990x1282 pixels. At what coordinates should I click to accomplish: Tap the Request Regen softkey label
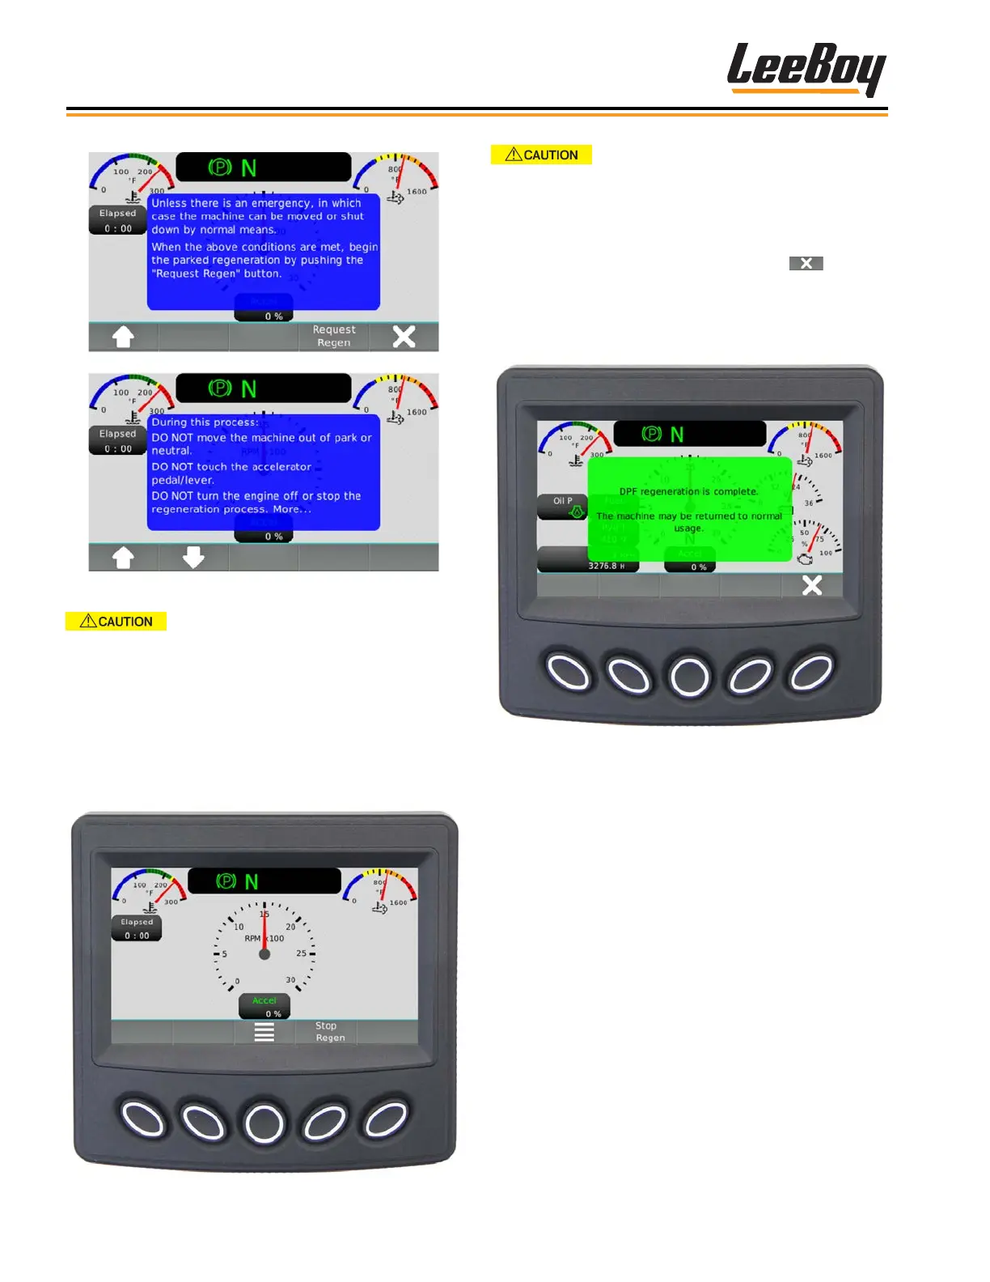point(334,336)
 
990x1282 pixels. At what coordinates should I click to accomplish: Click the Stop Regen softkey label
point(329,1032)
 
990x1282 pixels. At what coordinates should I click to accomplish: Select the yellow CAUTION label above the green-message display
point(541,155)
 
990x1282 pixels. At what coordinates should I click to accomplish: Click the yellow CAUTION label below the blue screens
point(116,622)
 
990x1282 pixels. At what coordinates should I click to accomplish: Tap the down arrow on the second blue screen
point(193,558)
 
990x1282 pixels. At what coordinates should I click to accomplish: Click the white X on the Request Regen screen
point(404,337)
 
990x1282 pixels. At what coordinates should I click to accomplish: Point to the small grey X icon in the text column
point(806,263)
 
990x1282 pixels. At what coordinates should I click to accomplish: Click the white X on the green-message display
point(811,585)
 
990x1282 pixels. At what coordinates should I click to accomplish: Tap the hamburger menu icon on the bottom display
point(264,1032)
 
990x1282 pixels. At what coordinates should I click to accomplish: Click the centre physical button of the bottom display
point(264,1123)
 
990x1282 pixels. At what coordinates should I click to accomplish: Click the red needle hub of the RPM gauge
point(264,954)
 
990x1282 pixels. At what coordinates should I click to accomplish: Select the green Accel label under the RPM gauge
point(264,1001)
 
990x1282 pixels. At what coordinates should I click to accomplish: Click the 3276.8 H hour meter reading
point(605,566)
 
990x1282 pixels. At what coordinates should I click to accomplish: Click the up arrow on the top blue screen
point(123,337)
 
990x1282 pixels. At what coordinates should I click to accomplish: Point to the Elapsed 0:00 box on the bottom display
point(137,928)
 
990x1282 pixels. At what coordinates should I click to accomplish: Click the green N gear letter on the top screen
point(249,168)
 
